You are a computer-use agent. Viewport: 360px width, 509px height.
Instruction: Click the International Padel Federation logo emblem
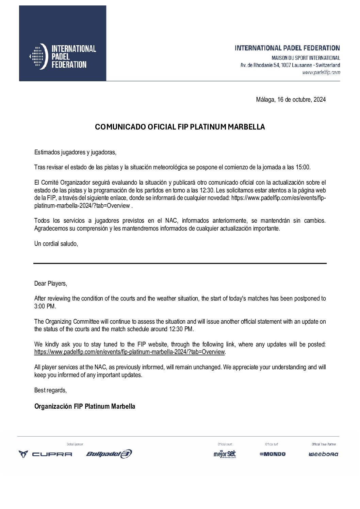click(38, 56)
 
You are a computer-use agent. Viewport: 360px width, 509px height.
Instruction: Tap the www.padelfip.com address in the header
click(321, 72)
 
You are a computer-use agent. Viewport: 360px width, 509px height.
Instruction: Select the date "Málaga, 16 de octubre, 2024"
click(291, 100)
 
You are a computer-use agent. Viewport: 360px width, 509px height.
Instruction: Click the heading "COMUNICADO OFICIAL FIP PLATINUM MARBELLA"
click(180, 127)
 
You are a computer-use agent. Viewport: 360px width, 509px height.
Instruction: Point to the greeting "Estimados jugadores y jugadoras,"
click(75, 152)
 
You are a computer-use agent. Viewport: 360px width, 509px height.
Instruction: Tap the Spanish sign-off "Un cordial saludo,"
click(56, 244)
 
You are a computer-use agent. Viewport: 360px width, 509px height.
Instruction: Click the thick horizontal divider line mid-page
click(180, 263)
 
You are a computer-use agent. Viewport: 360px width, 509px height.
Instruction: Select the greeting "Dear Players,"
click(51, 284)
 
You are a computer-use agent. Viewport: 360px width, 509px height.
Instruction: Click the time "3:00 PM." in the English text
click(45, 306)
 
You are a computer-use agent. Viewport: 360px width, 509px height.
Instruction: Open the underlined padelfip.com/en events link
click(129, 352)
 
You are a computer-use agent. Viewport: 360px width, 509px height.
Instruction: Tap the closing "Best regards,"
click(50, 390)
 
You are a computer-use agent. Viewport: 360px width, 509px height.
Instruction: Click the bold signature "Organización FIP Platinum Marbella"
click(85, 406)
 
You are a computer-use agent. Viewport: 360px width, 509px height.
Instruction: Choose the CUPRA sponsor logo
click(45, 454)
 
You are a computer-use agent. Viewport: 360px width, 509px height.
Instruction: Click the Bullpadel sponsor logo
click(109, 454)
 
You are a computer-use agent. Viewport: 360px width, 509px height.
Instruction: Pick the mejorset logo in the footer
click(225, 454)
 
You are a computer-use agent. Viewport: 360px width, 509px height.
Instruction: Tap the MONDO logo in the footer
click(273, 454)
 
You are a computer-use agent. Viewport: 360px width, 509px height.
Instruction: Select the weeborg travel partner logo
click(323, 454)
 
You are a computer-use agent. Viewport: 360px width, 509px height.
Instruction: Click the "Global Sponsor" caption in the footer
click(75, 444)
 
